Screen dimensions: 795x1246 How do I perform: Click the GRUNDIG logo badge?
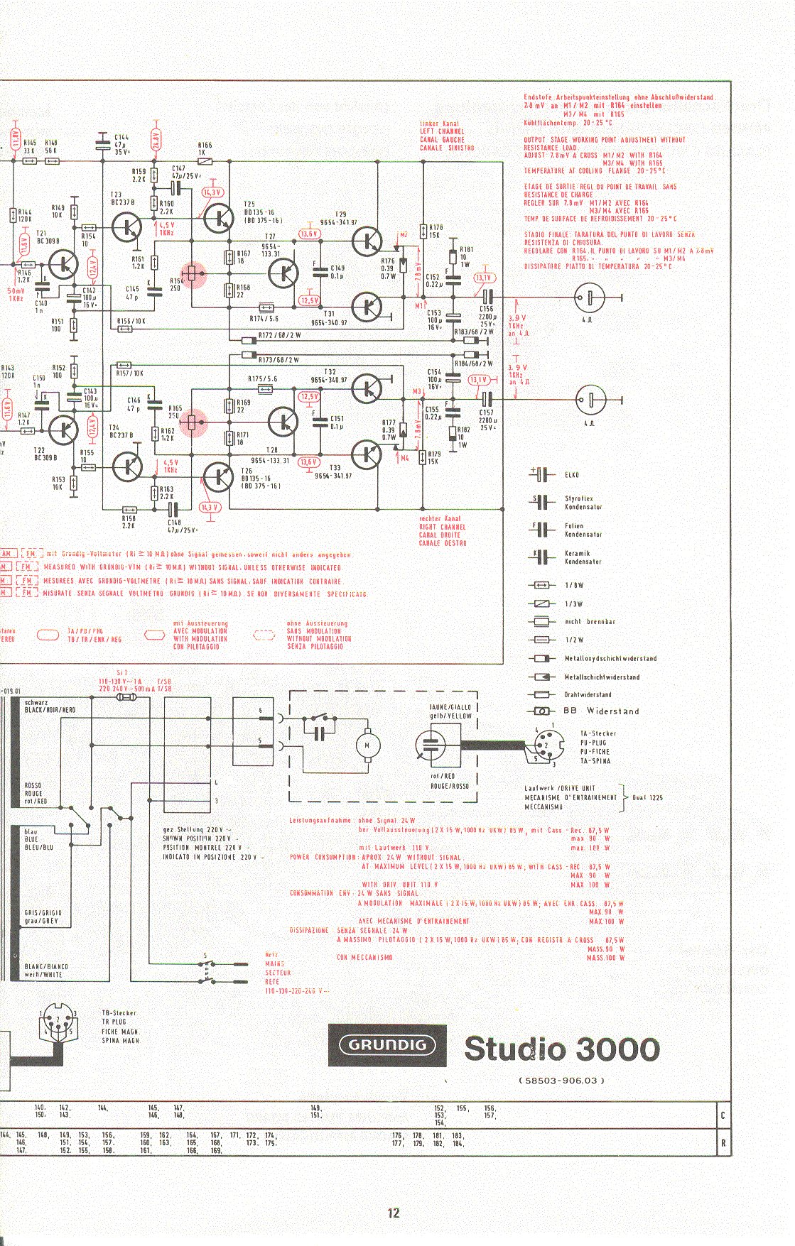point(387,1045)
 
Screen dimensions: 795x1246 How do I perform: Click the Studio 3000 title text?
point(562,1049)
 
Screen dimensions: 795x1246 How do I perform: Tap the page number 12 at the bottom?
point(394,1213)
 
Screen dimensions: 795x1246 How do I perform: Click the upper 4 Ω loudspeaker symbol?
point(590,297)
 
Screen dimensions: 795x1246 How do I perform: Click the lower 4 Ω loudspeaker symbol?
point(590,400)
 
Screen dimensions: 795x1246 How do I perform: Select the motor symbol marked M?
point(367,745)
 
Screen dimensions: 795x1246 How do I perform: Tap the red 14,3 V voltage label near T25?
point(212,192)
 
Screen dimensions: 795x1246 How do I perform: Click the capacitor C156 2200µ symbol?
point(487,297)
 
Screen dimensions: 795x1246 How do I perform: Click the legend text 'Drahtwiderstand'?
point(588,695)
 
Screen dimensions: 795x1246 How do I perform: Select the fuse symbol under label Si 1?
point(124,699)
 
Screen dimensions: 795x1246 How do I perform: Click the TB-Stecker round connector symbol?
point(58,1022)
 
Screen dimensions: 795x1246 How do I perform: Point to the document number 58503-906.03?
point(562,1081)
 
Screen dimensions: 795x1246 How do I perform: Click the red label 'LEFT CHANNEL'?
point(442,131)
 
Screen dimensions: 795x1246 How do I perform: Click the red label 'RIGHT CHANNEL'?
point(443,528)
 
